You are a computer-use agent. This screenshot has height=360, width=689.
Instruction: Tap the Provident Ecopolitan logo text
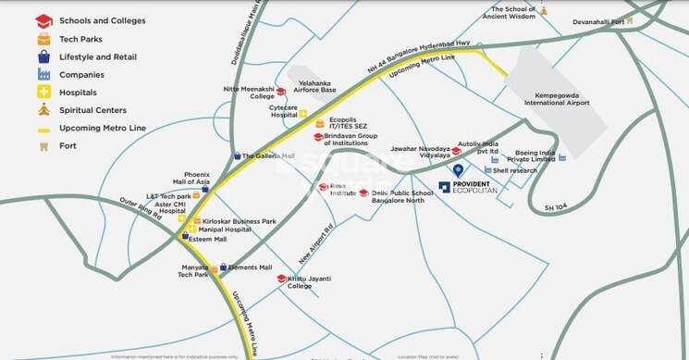474,187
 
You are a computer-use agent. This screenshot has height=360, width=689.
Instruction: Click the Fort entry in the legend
68,145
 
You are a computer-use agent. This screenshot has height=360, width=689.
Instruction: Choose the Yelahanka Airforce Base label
315,86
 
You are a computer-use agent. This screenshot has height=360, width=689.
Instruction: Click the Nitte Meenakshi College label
249,93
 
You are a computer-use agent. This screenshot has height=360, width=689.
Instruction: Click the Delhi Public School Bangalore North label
399,196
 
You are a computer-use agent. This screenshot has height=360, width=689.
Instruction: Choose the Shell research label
515,170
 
